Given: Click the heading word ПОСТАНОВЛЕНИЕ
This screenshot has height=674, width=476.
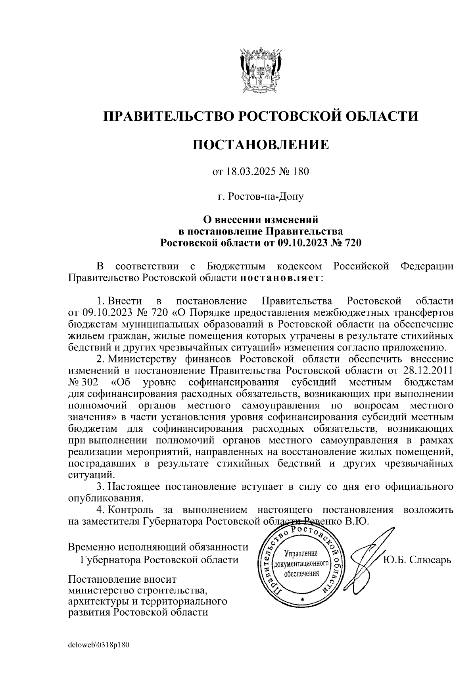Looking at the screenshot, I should [x=261, y=144].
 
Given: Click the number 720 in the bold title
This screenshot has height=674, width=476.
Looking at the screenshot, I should [x=351, y=243].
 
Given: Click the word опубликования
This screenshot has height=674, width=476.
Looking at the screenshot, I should [x=105, y=498].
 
